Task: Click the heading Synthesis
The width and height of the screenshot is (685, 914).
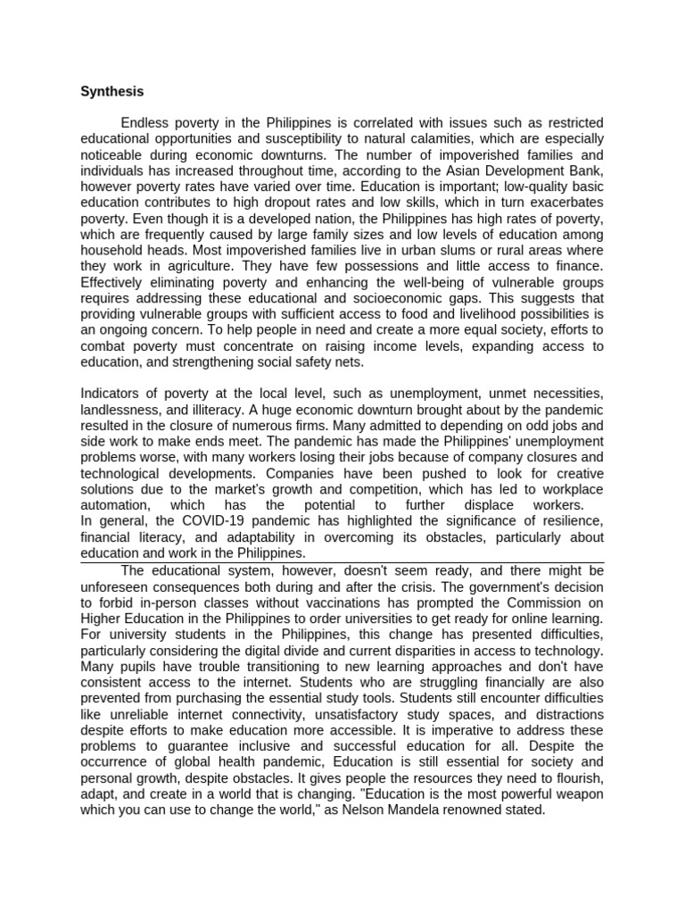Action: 111,91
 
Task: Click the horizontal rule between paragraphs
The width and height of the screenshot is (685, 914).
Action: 342,562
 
